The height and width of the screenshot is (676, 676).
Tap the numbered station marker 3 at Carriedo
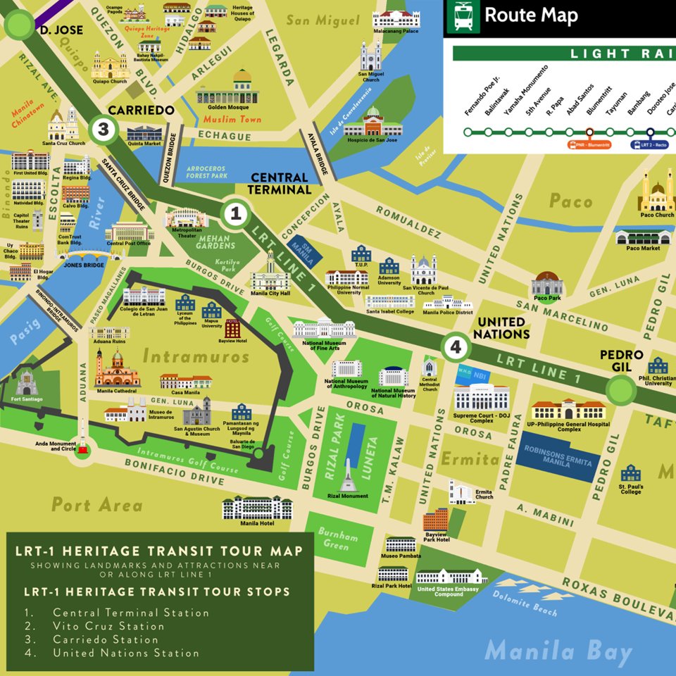(x=104, y=129)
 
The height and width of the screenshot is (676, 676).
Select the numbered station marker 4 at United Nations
(x=456, y=346)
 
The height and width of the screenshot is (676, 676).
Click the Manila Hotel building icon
(x=257, y=506)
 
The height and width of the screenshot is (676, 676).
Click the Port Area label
(x=96, y=504)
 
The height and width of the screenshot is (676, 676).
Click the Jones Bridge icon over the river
(x=84, y=254)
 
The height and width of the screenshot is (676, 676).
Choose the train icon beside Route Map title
(x=463, y=15)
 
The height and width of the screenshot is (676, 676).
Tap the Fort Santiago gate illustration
(x=27, y=384)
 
